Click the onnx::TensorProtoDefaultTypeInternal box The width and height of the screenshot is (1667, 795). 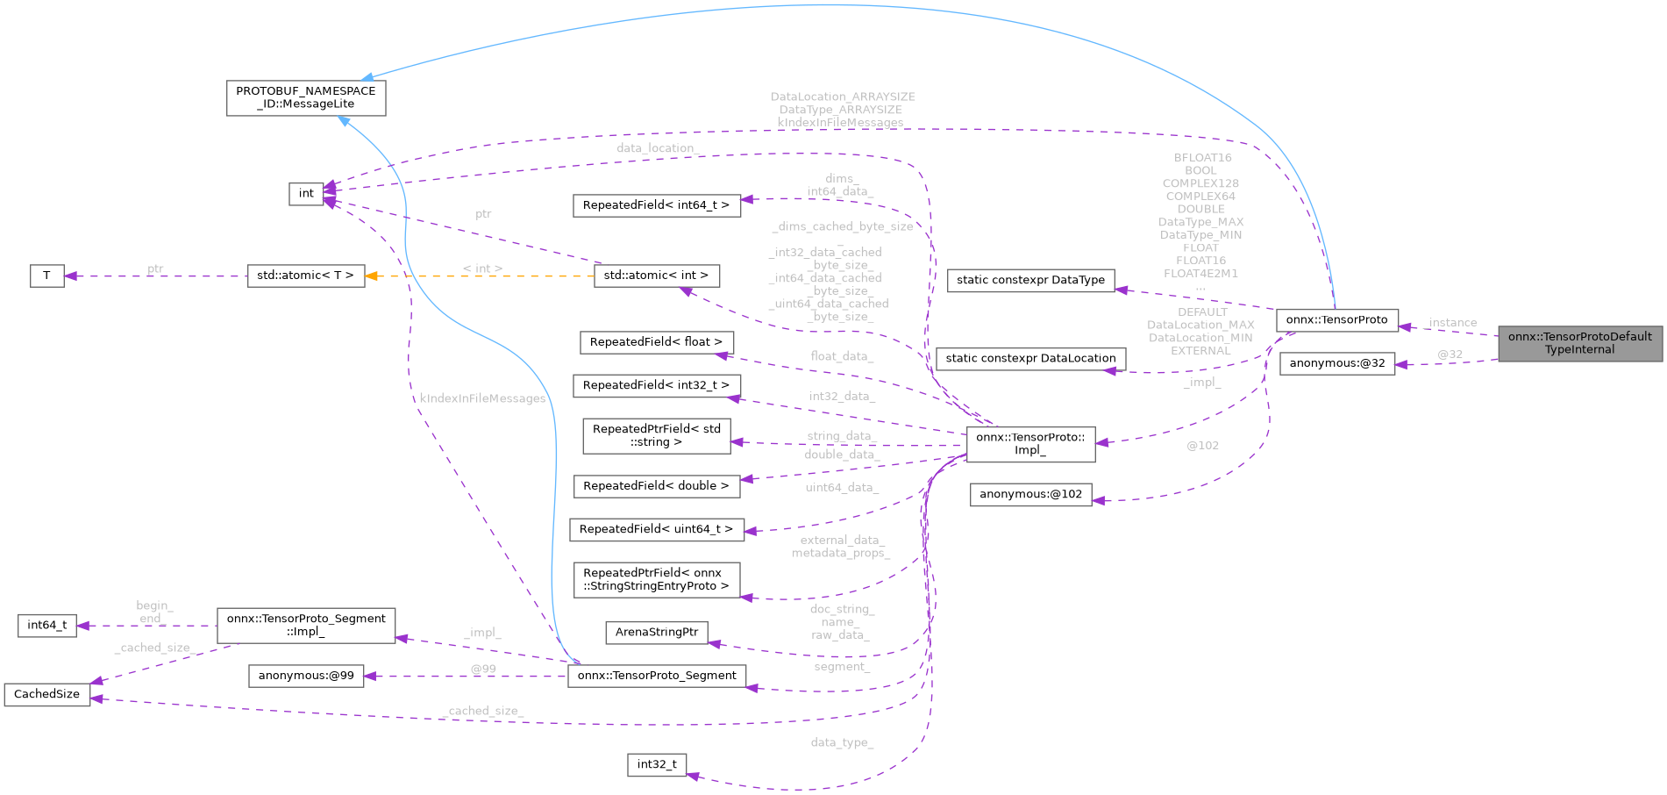tap(1579, 343)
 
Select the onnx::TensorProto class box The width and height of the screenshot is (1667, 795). tap(1336, 319)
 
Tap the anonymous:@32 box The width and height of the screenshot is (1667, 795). tap(1336, 363)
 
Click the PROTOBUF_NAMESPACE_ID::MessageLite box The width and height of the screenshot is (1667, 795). tap(305, 97)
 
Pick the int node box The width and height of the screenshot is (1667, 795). tap(305, 193)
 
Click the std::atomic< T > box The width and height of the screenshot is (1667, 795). tap(305, 276)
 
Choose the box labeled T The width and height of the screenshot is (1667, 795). tap(46, 276)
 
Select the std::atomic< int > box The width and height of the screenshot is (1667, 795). tap(656, 276)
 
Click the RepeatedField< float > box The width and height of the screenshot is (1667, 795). tap(656, 342)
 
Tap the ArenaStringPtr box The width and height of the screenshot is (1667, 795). tap(656, 632)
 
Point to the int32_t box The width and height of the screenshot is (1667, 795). tap(656, 764)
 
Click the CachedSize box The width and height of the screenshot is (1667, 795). tap(46, 694)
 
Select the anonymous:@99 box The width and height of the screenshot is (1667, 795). tap(305, 676)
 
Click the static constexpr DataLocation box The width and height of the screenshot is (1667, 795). tap(1030, 358)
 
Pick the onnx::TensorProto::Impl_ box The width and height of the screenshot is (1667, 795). tap(1029, 443)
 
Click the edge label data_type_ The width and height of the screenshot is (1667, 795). tap(842, 742)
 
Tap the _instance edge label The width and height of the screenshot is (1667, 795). tap(1451, 323)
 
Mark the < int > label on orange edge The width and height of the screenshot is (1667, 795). tap(482, 269)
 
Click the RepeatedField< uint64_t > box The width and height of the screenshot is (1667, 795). tap(656, 529)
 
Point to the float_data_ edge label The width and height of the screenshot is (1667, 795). tap(842, 356)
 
